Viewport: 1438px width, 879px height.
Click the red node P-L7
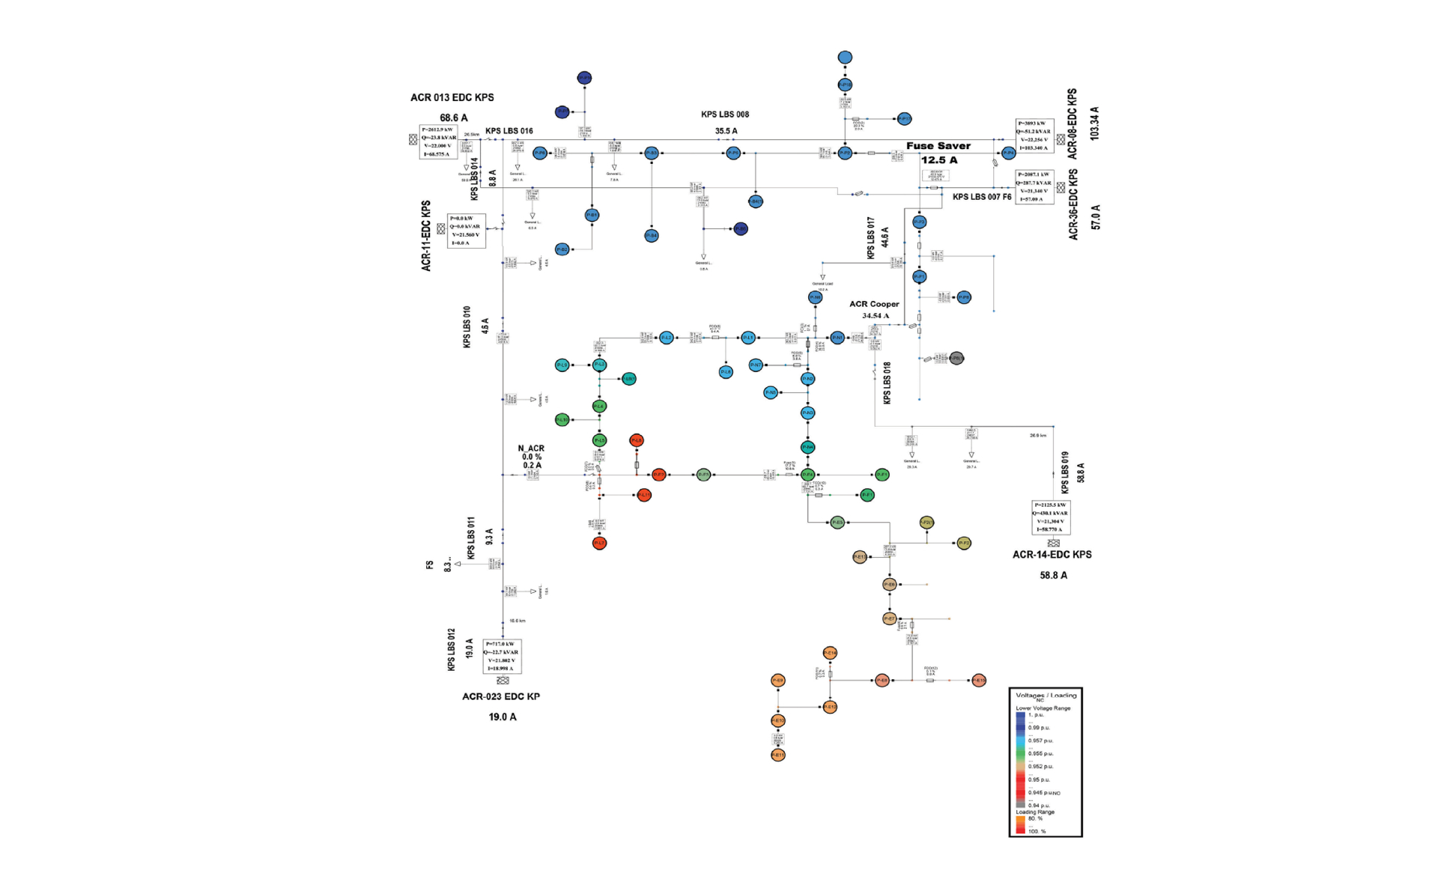[599, 543]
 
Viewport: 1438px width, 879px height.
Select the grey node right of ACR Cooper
[956, 359]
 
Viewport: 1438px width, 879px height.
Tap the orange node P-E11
[778, 755]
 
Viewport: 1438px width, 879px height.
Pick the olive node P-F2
[964, 543]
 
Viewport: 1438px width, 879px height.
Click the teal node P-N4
[807, 447]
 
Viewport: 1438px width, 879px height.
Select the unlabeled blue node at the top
[845, 58]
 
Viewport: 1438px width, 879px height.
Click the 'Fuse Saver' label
[938, 146]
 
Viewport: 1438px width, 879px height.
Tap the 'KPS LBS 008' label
[724, 115]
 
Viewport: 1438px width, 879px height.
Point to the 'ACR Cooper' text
[874, 304]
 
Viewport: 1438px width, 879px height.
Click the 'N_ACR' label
[531, 448]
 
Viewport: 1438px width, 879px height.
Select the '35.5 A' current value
[726, 131]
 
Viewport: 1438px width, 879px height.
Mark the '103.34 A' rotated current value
[1095, 124]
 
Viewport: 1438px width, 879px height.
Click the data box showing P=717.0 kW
[502, 656]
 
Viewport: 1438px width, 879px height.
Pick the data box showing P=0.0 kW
[466, 231]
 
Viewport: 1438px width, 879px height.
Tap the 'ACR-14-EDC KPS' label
[1052, 555]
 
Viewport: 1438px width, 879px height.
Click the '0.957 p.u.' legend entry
[1040, 740]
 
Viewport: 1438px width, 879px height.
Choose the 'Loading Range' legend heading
[1034, 812]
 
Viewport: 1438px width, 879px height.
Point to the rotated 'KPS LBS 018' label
[887, 383]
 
